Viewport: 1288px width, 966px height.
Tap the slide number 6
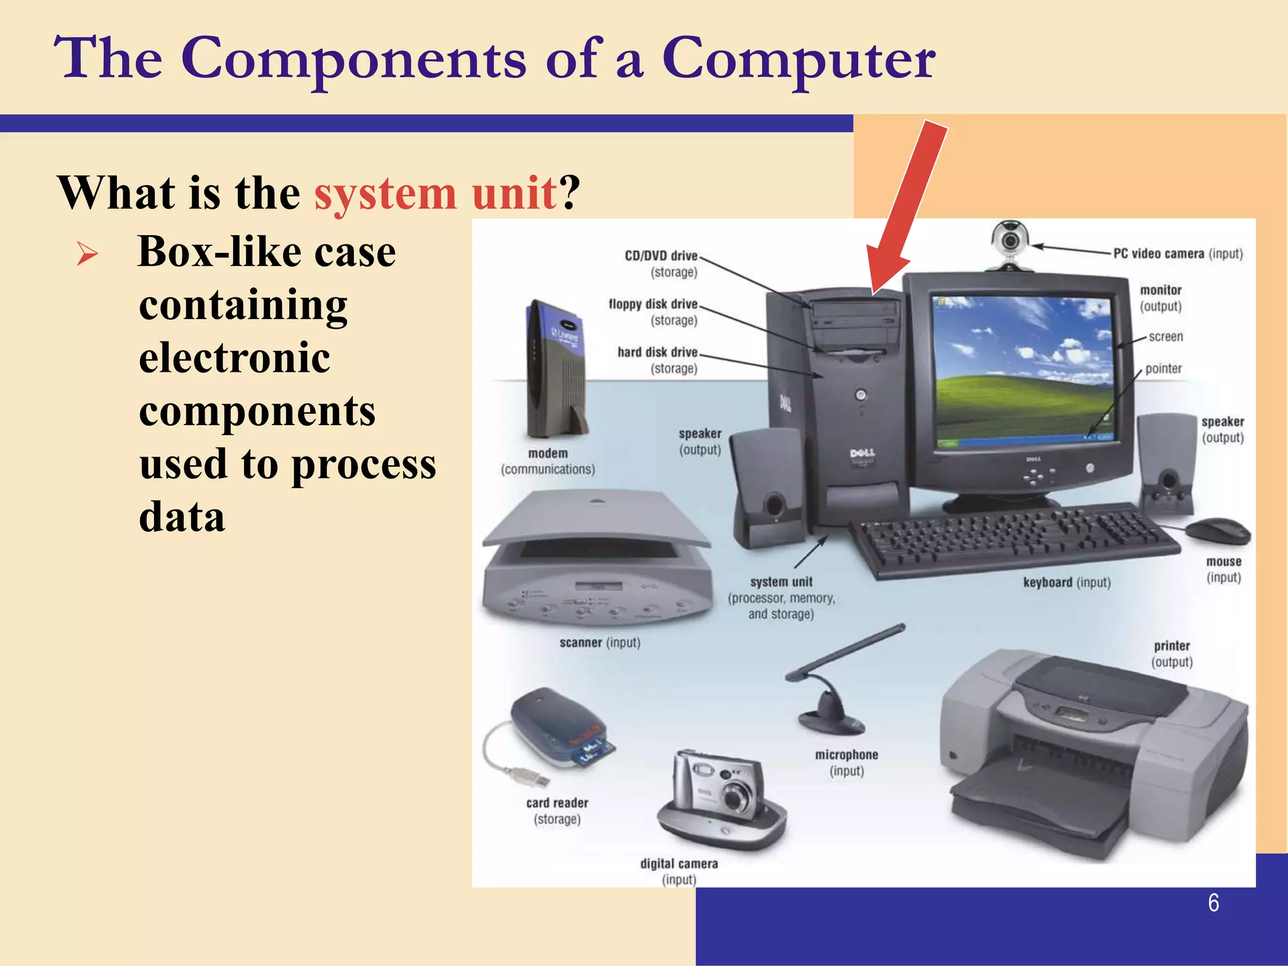click(1213, 903)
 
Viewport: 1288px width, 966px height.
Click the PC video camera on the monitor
click(1010, 242)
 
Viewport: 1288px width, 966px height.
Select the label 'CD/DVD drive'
click(661, 256)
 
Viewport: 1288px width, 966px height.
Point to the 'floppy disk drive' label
click(653, 304)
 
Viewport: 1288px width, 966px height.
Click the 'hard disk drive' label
click(657, 352)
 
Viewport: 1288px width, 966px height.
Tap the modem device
click(556, 371)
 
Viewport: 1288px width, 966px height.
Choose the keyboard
click(1013, 538)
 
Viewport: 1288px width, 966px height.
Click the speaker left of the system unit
click(767, 487)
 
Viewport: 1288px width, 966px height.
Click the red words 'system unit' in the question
click(435, 192)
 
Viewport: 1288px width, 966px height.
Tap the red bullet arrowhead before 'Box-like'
click(87, 253)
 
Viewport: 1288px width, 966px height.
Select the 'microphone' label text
click(847, 755)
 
